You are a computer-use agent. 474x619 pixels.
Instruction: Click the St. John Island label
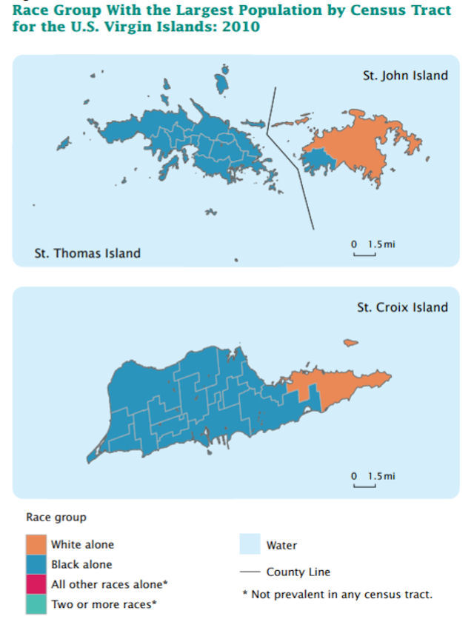(405, 75)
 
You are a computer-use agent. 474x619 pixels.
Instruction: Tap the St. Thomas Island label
(87, 253)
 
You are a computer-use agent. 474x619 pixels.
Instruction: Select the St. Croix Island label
(402, 307)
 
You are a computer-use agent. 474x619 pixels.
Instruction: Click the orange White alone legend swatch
(35, 545)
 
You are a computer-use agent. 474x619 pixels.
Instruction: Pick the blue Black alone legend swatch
(35, 565)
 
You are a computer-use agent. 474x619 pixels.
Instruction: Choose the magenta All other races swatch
(35, 585)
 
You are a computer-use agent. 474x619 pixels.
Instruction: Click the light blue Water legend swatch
(250, 546)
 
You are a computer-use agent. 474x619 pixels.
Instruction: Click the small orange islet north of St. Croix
(351, 342)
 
